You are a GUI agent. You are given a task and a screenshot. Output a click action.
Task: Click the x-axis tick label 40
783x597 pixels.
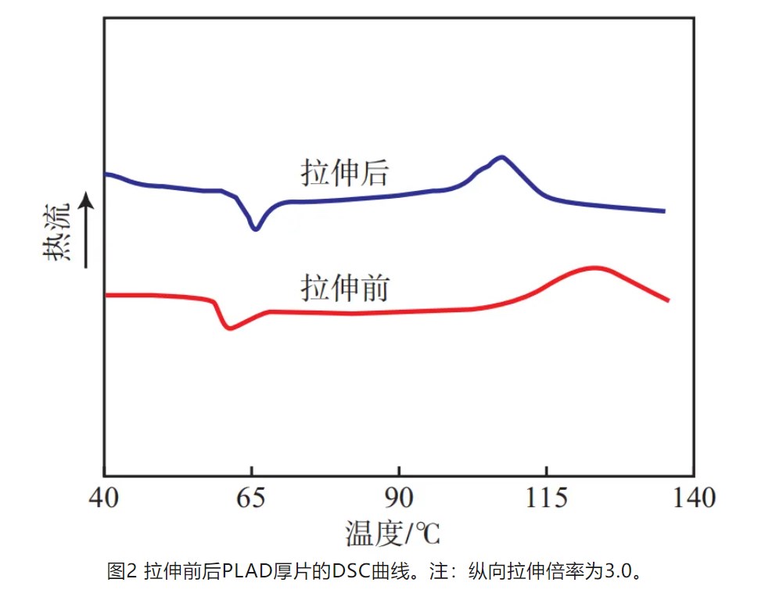point(104,498)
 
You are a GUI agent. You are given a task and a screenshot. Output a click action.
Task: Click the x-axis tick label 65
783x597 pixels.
point(251,498)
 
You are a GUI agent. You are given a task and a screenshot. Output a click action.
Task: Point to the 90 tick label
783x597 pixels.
point(398,498)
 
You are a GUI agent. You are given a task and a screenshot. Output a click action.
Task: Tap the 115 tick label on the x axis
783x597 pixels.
point(545,498)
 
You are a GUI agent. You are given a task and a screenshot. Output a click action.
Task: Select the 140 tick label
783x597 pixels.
point(693,498)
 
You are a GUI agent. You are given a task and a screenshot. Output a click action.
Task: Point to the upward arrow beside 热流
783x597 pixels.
point(88,230)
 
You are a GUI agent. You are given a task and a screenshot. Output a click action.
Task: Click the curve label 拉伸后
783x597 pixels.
point(344,173)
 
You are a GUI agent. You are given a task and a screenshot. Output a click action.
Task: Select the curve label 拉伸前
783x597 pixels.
point(344,289)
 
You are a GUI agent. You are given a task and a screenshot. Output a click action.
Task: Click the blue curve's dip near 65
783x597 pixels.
point(255,228)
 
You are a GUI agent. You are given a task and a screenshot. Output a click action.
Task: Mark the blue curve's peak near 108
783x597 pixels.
point(501,157)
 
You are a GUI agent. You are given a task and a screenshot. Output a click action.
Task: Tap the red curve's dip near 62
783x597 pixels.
point(229,328)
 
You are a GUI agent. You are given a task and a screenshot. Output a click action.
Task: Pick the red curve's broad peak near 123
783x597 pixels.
point(594,268)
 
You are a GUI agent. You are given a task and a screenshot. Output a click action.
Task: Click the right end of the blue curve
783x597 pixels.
point(663,210)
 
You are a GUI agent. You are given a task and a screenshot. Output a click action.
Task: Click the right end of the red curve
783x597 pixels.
point(667,300)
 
